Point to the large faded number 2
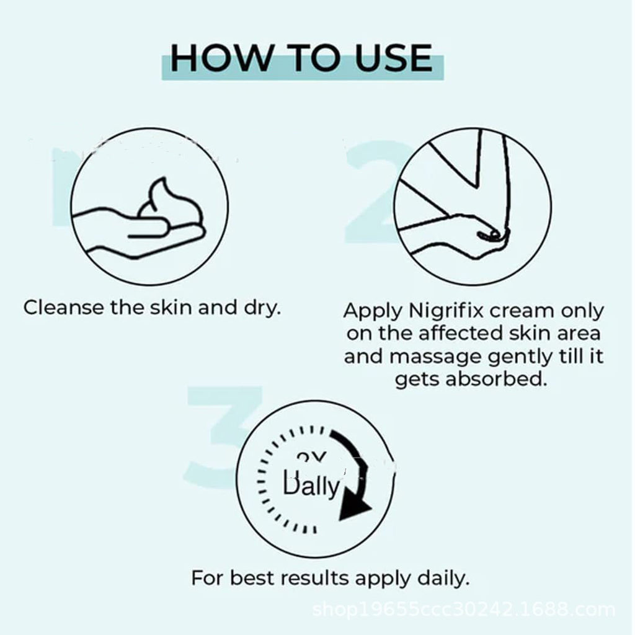coord(372,192)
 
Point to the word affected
coord(466,334)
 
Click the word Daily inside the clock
coord(311,485)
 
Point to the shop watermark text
coord(464,611)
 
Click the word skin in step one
coord(172,308)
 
